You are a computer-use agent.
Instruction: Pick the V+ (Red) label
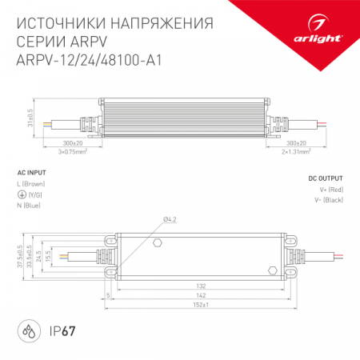[330, 189]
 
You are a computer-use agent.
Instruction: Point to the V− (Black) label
[328, 199]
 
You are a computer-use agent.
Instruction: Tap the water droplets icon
[28, 330]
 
